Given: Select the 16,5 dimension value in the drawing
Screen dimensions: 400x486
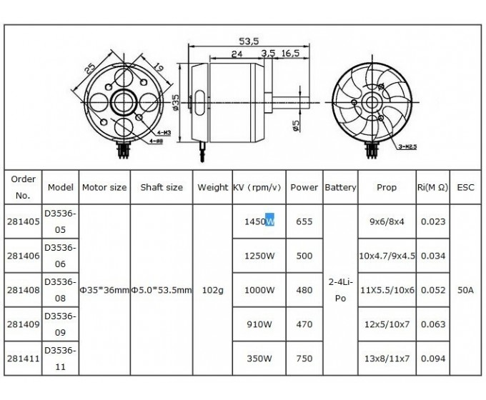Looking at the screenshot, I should [289, 54].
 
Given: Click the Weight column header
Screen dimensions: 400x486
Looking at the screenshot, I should [213, 187].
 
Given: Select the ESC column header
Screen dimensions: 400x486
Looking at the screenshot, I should [465, 187].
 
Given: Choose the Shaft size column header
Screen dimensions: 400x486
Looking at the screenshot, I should [162, 187].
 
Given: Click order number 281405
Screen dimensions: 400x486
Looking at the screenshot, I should [23, 221].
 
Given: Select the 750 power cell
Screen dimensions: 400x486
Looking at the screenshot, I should [304, 358].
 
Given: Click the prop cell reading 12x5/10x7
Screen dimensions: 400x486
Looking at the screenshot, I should [387, 324].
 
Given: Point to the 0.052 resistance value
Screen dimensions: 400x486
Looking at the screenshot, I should [432, 289].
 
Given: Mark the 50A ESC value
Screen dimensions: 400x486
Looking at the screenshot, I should [465, 290].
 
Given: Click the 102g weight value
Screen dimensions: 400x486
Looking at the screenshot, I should [213, 290].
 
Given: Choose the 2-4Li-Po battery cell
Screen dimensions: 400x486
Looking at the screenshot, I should [340, 290].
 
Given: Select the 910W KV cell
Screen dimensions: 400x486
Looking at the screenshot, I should [259, 324].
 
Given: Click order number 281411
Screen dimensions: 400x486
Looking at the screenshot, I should [23, 358].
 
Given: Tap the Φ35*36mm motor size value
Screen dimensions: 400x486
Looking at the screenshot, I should [104, 290].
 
